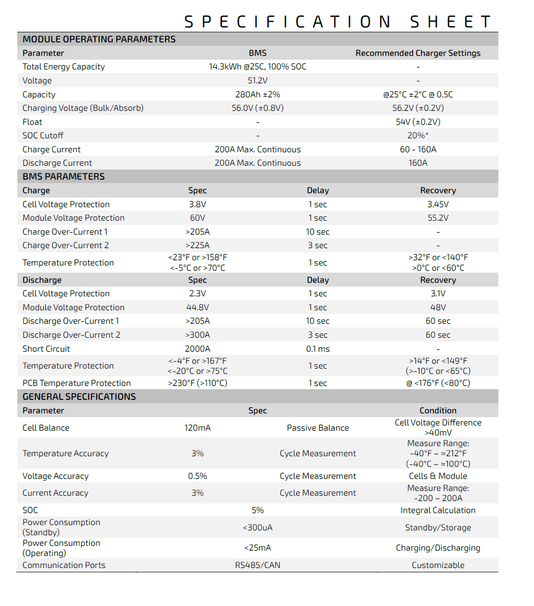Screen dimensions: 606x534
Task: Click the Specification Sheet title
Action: coord(337,22)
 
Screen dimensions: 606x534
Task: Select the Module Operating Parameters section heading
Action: coord(99,40)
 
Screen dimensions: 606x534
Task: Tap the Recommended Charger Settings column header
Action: coord(417,53)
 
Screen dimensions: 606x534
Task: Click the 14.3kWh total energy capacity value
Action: coord(257,66)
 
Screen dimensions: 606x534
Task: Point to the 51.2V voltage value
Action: coord(257,80)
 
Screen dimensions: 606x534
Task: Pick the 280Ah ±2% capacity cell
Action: coord(257,94)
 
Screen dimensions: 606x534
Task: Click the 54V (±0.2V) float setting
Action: coord(417,122)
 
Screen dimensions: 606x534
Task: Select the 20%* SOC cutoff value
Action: coord(417,135)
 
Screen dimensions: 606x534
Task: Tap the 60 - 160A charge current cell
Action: coord(417,149)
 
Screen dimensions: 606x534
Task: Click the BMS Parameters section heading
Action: coord(64,177)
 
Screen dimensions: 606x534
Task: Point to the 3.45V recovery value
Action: coord(438,204)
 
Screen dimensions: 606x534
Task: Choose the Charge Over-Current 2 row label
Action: coord(65,245)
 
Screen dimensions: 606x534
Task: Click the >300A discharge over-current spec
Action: coord(197,335)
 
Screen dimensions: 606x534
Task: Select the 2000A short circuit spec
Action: coord(197,349)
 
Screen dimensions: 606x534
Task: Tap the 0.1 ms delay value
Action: coord(318,349)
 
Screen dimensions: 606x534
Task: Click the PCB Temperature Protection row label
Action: coord(77,383)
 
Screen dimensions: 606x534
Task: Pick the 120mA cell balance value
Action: coord(197,428)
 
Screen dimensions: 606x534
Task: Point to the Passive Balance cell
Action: coord(318,428)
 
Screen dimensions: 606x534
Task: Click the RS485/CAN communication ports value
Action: coord(257,565)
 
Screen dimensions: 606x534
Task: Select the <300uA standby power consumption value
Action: coord(257,527)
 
